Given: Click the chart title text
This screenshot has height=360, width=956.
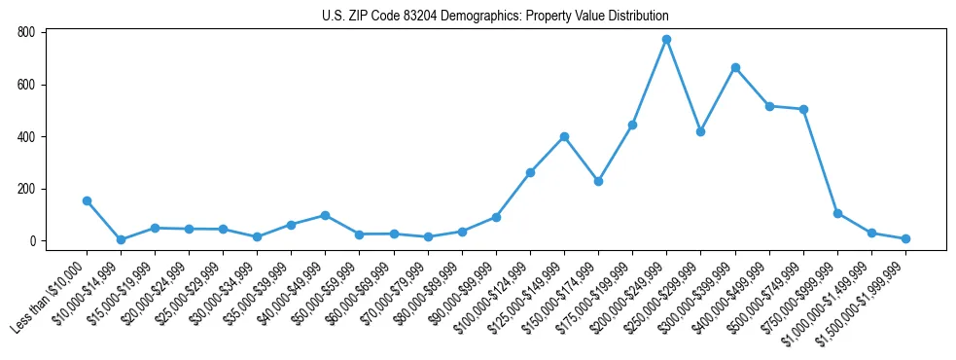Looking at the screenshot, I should pyautogui.click(x=495, y=17).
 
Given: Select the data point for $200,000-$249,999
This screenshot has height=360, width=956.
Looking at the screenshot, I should pyautogui.click(x=666, y=39).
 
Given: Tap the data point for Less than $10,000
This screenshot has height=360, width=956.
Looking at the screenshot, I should pyautogui.click(x=87, y=200).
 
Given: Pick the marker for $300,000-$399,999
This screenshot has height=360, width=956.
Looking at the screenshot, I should pyautogui.click(x=735, y=67).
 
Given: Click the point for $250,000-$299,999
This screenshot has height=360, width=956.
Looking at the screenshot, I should pyautogui.click(x=700, y=131).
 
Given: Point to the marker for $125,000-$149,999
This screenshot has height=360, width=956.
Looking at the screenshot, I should pyautogui.click(x=564, y=136).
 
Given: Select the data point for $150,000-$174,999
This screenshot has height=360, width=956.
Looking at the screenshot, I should pyautogui.click(x=598, y=181).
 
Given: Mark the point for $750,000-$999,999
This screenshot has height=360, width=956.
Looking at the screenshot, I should pyautogui.click(x=837, y=213).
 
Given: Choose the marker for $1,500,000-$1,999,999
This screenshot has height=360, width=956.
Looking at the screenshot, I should pyautogui.click(x=905, y=238).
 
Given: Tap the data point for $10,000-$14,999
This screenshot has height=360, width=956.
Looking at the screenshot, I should pyautogui.click(x=121, y=239).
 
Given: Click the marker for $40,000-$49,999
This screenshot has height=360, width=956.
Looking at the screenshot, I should pyautogui.click(x=325, y=215).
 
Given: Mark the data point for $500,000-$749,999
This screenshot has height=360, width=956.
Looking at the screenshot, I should pyautogui.click(x=803, y=109).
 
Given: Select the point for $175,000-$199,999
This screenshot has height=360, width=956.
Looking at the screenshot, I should pyautogui.click(x=632, y=125).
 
